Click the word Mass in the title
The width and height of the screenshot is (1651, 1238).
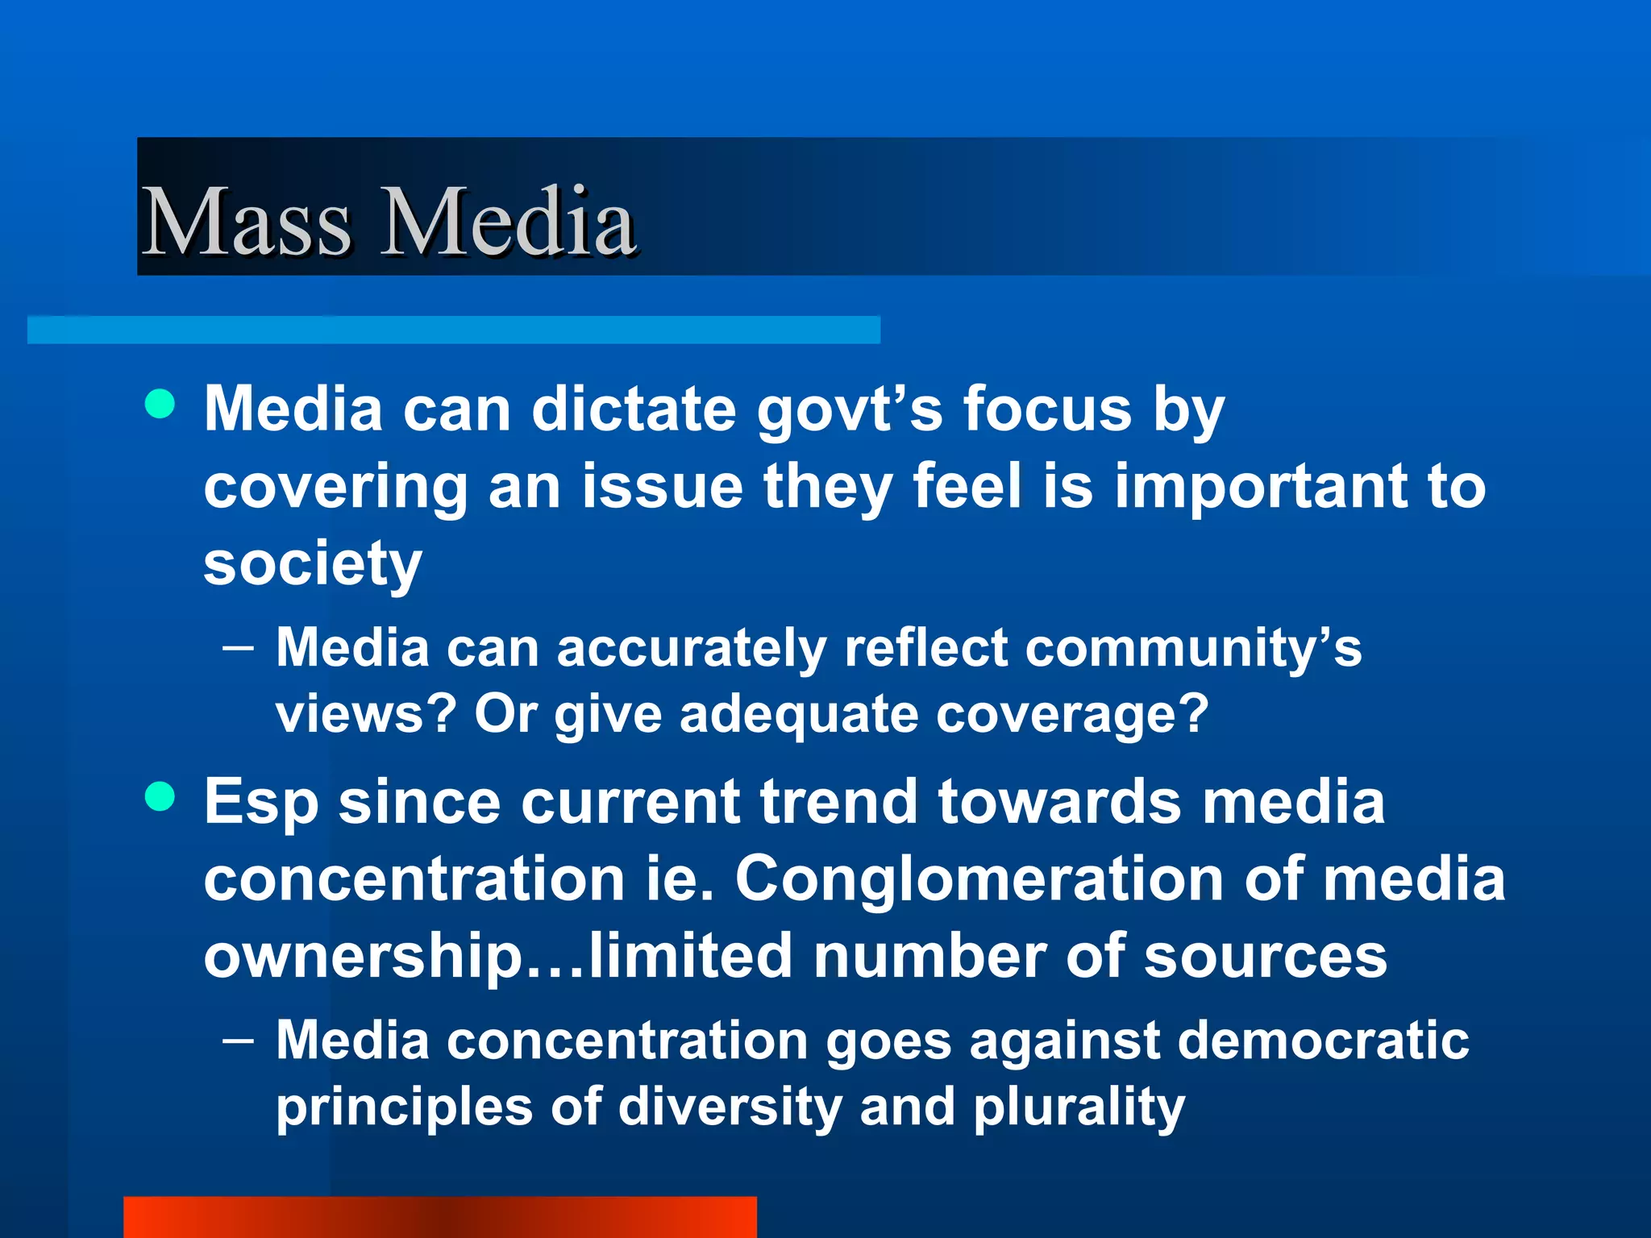[246, 222]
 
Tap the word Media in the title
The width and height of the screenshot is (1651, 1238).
[508, 222]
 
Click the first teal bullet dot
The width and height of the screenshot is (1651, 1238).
[160, 404]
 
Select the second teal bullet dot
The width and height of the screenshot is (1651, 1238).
[160, 797]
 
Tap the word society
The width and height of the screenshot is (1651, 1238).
[313, 564]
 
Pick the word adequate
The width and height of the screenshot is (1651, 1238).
[799, 715]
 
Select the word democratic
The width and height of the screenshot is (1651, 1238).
[1323, 1041]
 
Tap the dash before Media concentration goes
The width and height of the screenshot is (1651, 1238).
[238, 1041]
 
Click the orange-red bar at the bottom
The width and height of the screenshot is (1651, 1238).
[439, 1217]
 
